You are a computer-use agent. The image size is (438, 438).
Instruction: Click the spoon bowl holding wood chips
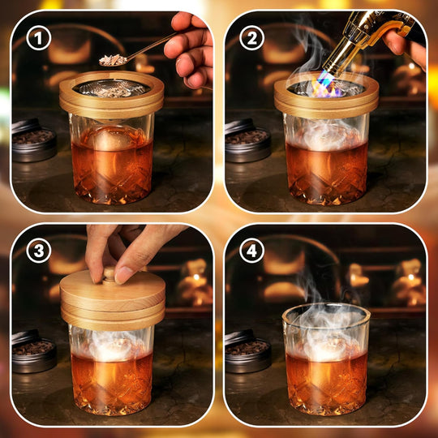[112, 59]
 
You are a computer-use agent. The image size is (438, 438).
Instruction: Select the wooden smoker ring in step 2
[326, 101]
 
